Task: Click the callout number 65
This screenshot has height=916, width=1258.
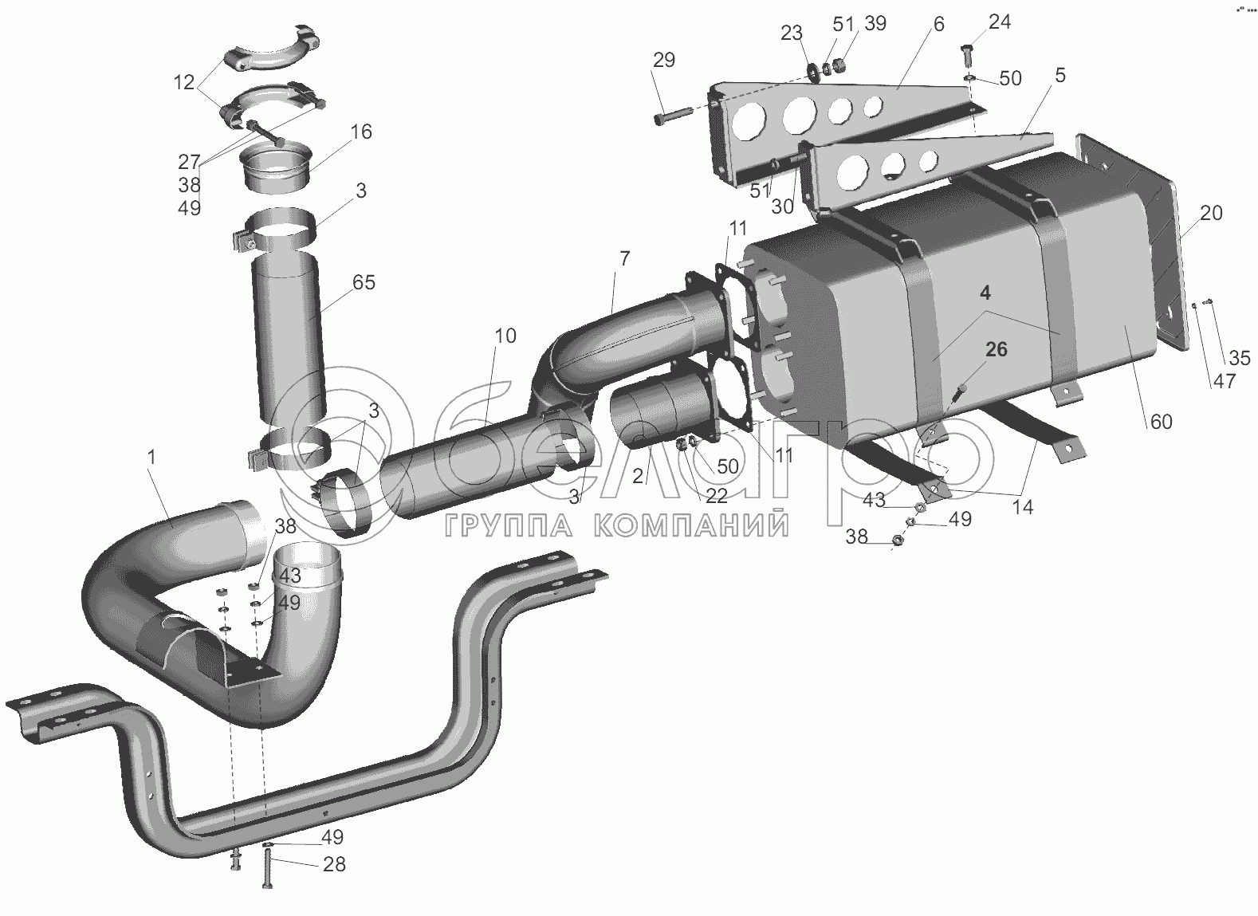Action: click(363, 282)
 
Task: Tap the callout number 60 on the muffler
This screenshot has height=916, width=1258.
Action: click(1161, 421)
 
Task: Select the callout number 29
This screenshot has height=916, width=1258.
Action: click(664, 60)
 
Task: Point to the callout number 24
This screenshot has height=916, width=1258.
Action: click(1000, 22)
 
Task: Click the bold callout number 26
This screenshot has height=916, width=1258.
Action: click(997, 349)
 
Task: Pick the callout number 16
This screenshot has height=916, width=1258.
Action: click(361, 132)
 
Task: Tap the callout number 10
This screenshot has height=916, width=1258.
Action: click(505, 336)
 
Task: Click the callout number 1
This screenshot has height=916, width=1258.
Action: click(151, 458)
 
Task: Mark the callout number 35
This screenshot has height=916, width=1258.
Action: click(1240, 358)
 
